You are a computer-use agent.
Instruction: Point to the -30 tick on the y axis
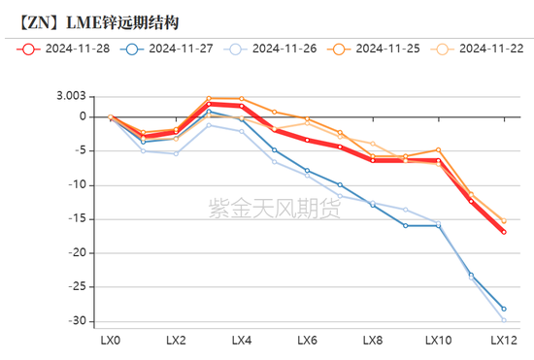tap(88, 321)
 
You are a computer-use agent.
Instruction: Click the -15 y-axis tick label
tap(88, 219)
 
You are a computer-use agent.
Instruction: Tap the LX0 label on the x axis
tap(111, 341)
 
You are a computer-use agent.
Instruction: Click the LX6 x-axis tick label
tap(307, 341)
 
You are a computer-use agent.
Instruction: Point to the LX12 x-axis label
tap(503, 341)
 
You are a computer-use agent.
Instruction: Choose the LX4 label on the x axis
tap(242, 341)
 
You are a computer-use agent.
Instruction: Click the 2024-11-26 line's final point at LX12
tap(503, 319)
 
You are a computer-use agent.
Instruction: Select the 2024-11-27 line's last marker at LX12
tap(503, 309)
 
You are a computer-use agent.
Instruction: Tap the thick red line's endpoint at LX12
tap(503, 232)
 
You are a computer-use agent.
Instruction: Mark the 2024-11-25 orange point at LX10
tap(438, 150)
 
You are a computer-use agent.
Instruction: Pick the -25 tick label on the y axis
tap(88, 287)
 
